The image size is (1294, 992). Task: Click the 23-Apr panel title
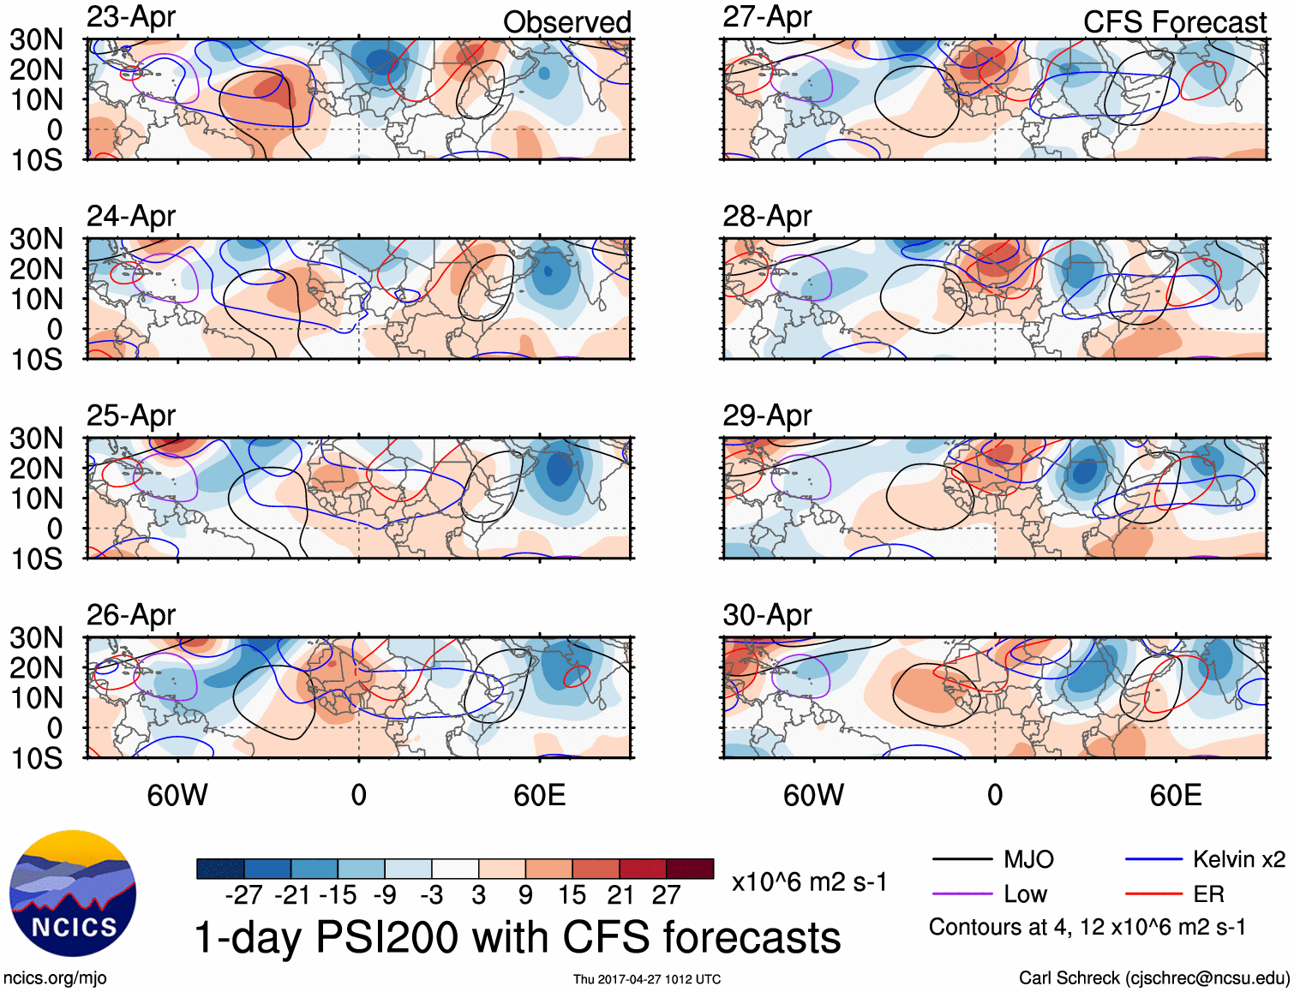(x=131, y=17)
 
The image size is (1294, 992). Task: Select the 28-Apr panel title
(x=767, y=217)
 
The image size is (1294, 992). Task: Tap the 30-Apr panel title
(x=767, y=615)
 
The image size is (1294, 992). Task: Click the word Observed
(x=566, y=22)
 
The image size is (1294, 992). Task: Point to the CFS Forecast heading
(x=1174, y=22)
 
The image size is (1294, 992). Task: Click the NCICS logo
(x=73, y=893)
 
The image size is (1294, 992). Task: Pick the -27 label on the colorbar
(x=243, y=895)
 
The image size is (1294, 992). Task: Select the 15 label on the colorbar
(x=572, y=895)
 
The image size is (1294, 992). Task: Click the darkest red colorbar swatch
(x=690, y=869)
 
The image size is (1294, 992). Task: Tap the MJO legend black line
(x=962, y=859)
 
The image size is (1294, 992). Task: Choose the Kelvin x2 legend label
(x=1239, y=859)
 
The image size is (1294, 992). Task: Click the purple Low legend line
(x=962, y=894)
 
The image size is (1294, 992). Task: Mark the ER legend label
(x=1208, y=894)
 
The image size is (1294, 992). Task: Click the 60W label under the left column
(x=177, y=795)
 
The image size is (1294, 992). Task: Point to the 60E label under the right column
(x=1175, y=795)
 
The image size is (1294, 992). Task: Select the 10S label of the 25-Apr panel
(x=36, y=559)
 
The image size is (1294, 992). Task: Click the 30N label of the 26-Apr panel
(x=36, y=637)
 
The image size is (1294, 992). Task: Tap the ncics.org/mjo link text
(x=55, y=978)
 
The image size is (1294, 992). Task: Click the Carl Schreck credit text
(x=1153, y=978)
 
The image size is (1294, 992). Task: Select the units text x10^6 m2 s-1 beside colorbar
(x=809, y=882)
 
